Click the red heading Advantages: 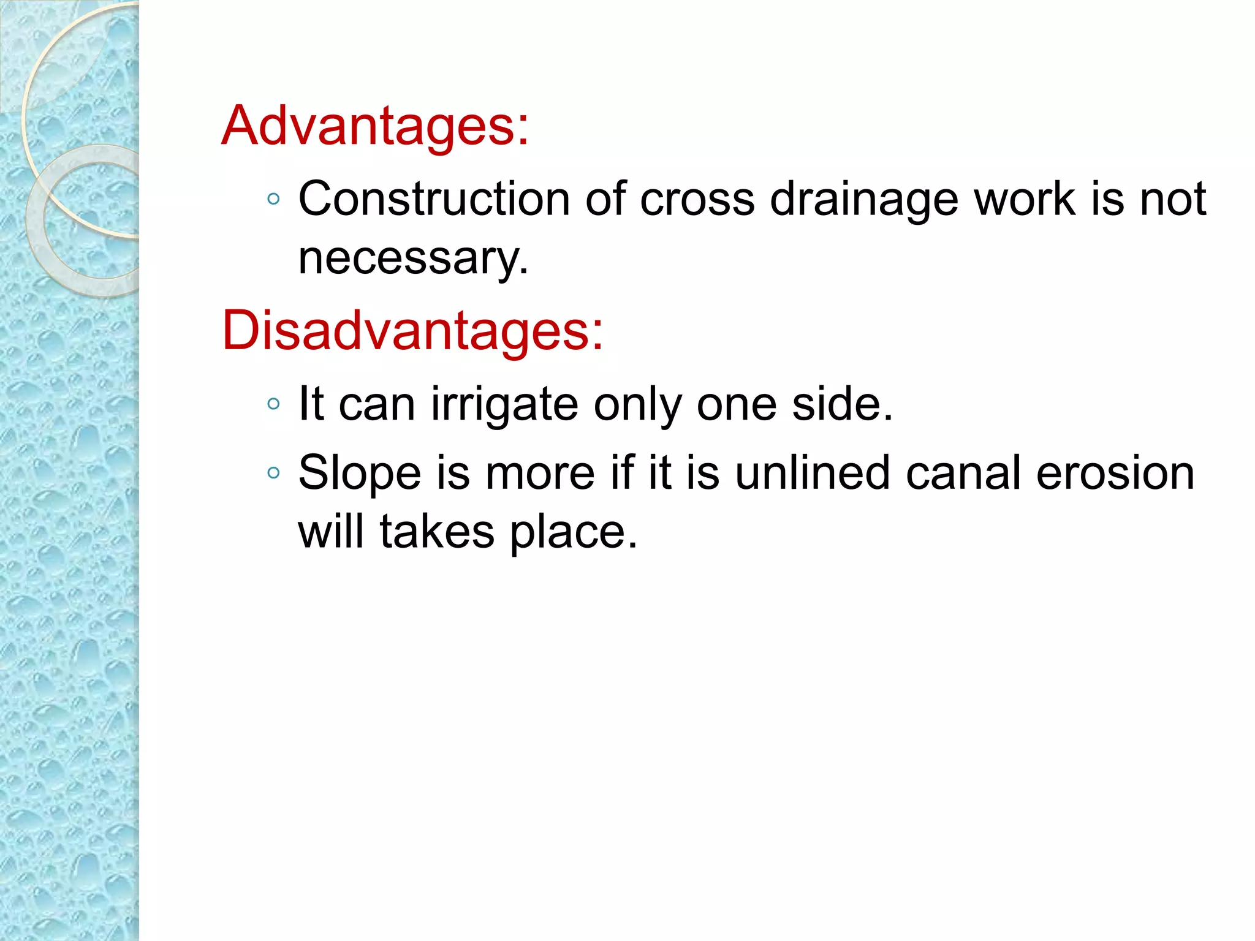click(x=374, y=126)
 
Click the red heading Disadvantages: click(x=412, y=331)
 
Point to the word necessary click(x=412, y=259)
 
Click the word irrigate click(x=504, y=405)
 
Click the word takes click(x=437, y=532)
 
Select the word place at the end click(x=574, y=533)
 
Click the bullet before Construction click(x=274, y=199)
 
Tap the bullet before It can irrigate click(x=274, y=404)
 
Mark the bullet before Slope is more click(x=274, y=473)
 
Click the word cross click(x=697, y=200)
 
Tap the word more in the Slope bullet click(x=540, y=474)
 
